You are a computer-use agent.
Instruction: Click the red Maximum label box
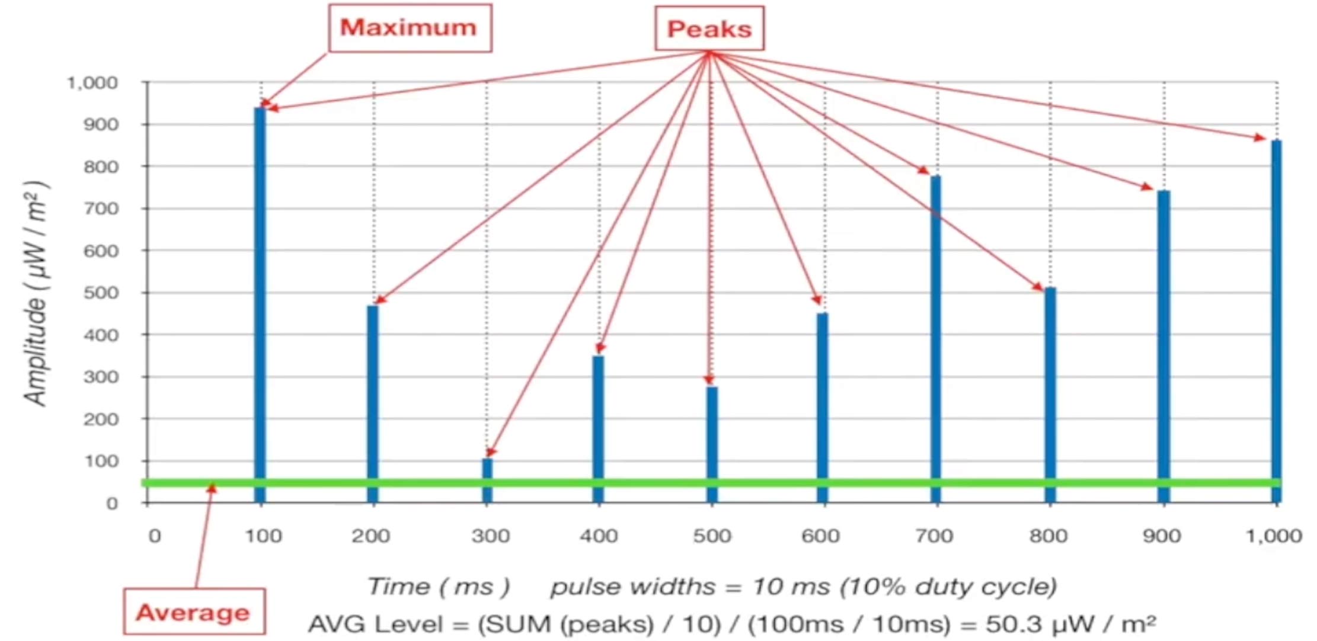click(410, 28)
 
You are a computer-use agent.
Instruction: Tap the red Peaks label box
click(709, 29)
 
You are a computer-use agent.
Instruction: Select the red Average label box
click(194, 612)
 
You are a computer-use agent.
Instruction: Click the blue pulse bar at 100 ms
click(260, 296)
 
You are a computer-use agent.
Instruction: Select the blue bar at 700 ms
click(935, 332)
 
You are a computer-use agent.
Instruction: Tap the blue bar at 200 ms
click(372, 391)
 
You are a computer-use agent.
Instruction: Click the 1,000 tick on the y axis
click(92, 83)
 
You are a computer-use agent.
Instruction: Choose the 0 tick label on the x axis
click(155, 536)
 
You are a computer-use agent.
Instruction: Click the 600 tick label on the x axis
click(820, 536)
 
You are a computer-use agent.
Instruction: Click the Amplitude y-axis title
click(36, 293)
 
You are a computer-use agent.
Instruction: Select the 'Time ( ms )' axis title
click(439, 586)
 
